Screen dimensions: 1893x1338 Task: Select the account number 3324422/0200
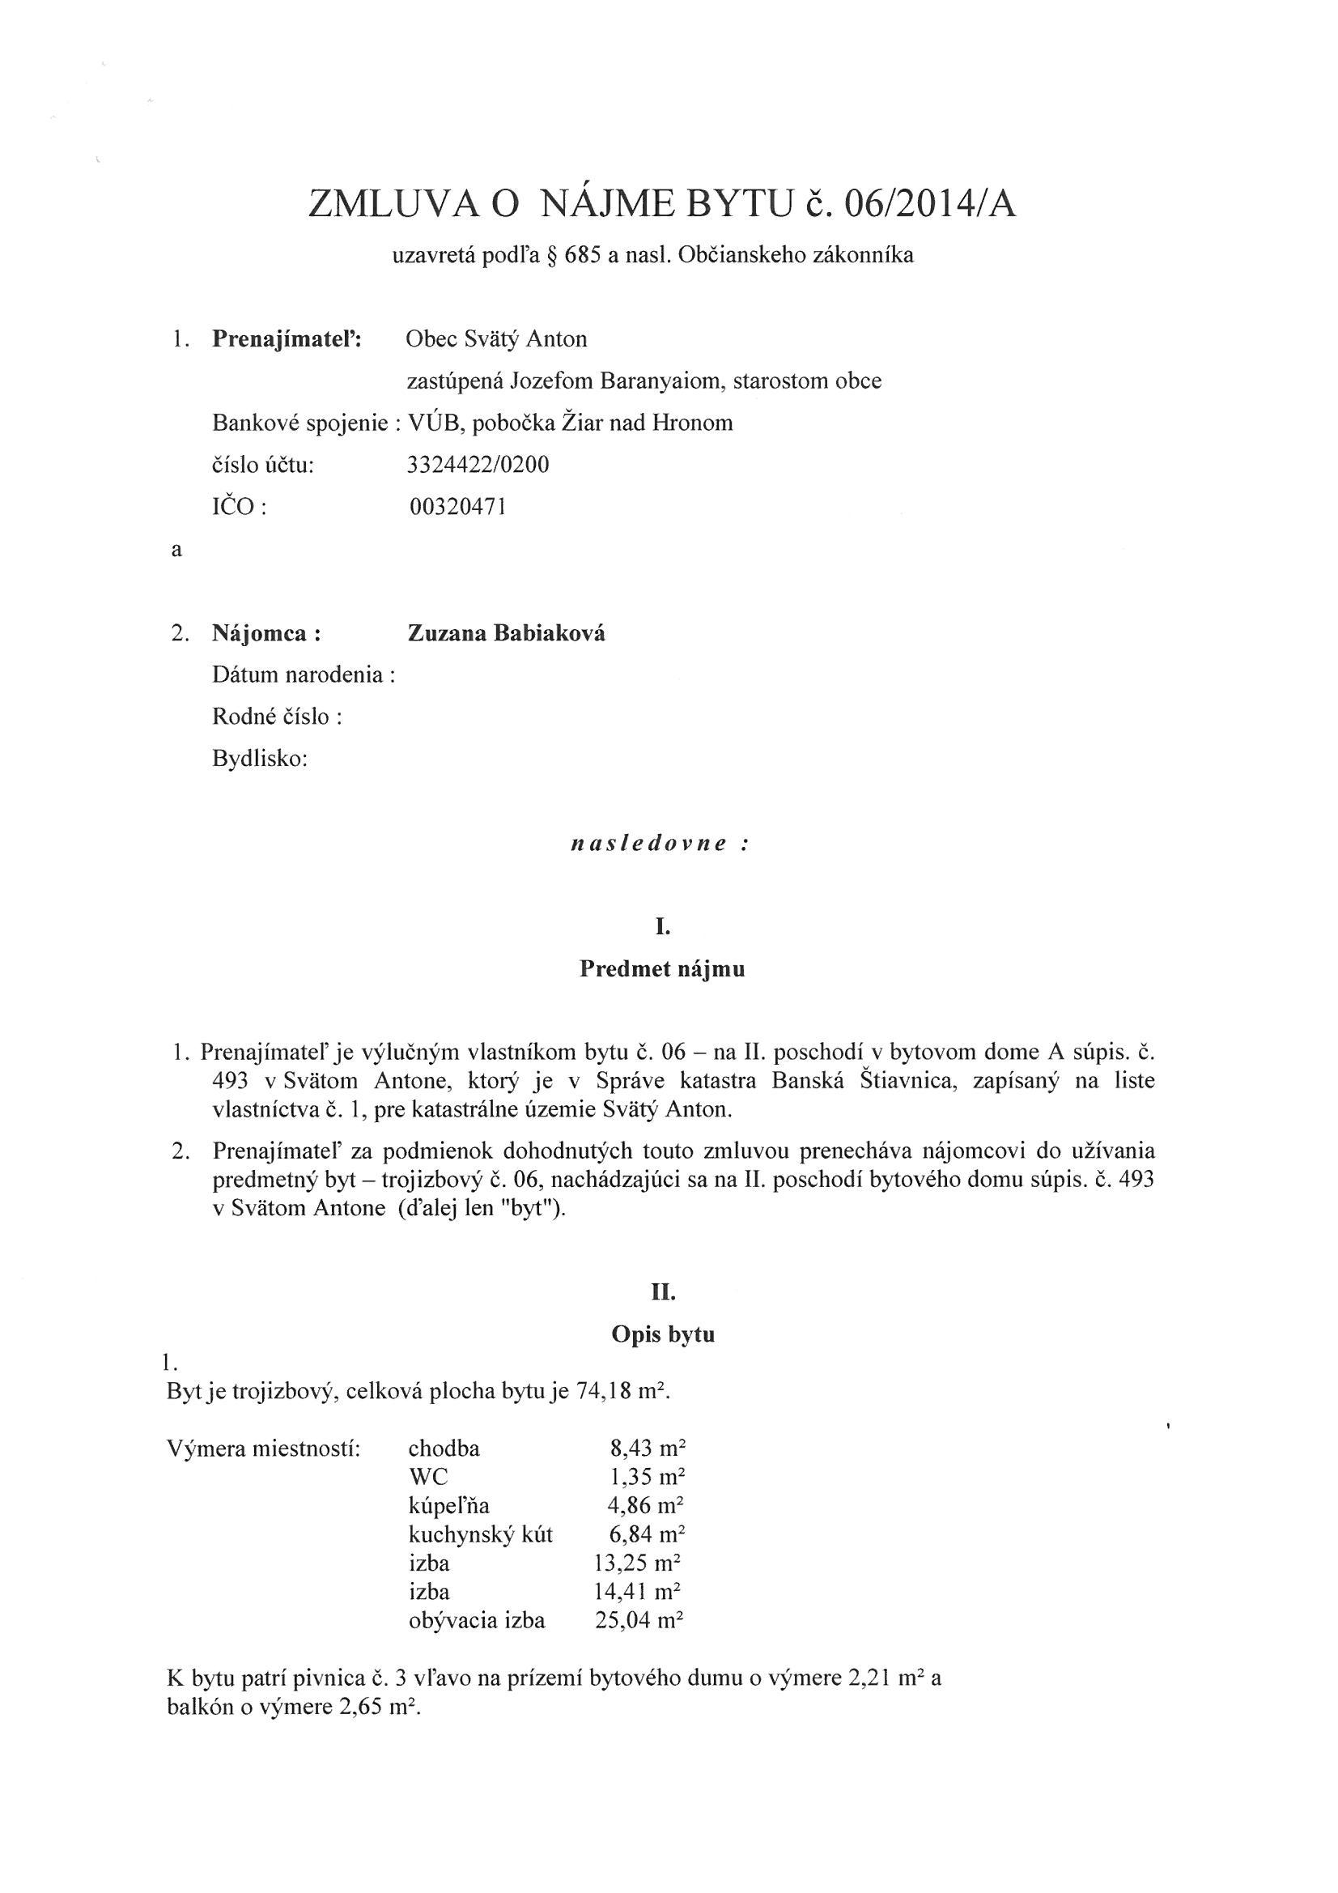(478, 465)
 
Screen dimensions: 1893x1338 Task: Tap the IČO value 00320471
(457, 507)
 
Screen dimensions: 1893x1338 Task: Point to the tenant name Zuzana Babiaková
(506, 633)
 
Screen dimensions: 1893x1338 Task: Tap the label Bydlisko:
(260, 759)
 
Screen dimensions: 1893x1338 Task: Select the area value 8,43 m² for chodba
(645, 1448)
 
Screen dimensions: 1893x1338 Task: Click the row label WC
(428, 1478)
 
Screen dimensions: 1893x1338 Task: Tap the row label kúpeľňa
(448, 1506)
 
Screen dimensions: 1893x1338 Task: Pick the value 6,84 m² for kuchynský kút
(645, 1534)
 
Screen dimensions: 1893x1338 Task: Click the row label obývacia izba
(477, 1620)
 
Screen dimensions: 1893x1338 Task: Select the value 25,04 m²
(639, 1620)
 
